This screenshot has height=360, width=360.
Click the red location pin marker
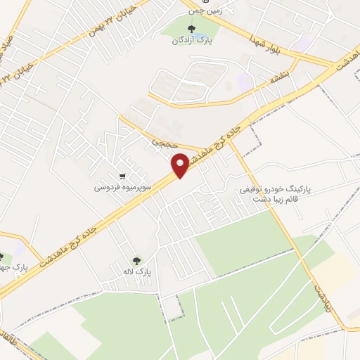point(181,166)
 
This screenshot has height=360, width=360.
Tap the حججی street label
point(160,143)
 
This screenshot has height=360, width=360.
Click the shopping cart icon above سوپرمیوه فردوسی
point(122,176)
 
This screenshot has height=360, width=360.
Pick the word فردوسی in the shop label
point(108,188)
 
